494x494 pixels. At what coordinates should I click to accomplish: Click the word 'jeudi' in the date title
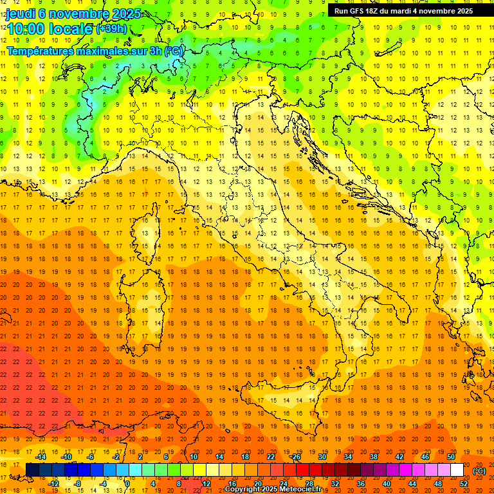(x=20, y=13)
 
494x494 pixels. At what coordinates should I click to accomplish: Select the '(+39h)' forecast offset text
(x=111, y=29)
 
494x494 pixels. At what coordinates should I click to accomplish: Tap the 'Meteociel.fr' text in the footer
(x=300, y=489)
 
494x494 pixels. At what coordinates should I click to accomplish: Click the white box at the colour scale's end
(x=457, y=470)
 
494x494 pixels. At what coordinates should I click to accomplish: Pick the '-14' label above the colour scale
(x=41, y=457)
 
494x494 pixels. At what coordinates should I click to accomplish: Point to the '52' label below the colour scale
(x=463, y=484)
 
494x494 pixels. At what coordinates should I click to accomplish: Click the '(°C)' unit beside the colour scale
(x=479, y=471)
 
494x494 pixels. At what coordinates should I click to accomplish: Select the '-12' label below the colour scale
(x=53, y=484)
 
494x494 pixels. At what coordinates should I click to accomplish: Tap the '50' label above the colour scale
(x=450, y=457)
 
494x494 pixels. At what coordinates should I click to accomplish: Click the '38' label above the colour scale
(x=373, y=457)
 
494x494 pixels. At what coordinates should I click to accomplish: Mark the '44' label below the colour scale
(x=412, y=484)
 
